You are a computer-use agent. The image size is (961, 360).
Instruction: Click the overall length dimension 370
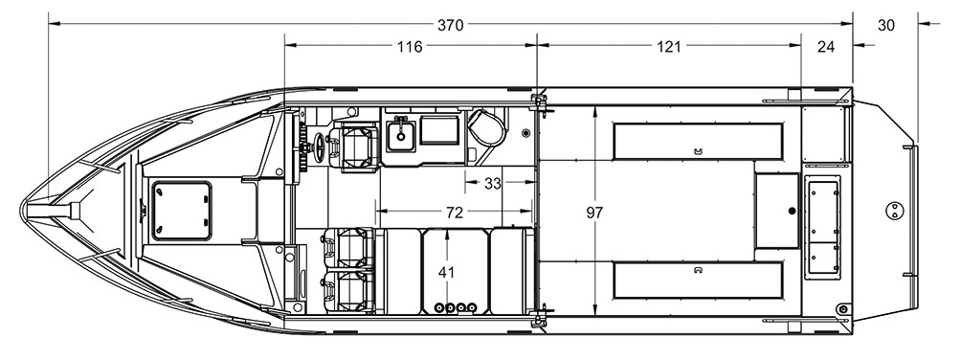pos(451,25)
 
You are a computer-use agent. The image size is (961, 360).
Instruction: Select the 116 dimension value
pos(410,47)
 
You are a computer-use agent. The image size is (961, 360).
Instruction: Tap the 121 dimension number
pos(669,47)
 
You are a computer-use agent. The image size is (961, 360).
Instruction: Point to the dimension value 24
pos(826,47)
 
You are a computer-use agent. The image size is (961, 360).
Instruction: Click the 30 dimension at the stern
pos(886,25)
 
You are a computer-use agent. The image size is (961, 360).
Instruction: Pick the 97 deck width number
pos(594,213)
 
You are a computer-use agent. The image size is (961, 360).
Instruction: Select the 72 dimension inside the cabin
pos(454,213)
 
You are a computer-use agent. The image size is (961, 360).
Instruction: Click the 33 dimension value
pos(493,184)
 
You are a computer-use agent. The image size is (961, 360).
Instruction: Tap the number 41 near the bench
pos(447,272)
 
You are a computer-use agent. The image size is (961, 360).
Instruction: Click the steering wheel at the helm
pos(320,147)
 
